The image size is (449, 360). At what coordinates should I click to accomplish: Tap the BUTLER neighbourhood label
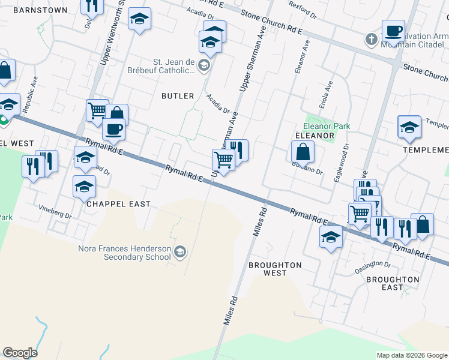click(178, 96)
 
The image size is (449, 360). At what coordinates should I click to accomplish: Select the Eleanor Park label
click(326, 127)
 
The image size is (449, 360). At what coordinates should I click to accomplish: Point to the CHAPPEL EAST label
click(119, 204)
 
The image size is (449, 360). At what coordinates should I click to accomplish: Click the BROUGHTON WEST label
click(274, 268)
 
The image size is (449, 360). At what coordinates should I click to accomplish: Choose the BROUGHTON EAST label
click(393, 283)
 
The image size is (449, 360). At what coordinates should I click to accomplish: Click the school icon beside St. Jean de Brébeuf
click(204, 65)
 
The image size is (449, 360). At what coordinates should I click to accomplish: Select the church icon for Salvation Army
click(372, 40)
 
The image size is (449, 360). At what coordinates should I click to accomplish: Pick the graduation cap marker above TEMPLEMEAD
click(409, 127)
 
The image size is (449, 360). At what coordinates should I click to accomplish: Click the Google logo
click(20, 353)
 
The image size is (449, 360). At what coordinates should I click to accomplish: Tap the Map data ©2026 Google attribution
click(412, 355)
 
